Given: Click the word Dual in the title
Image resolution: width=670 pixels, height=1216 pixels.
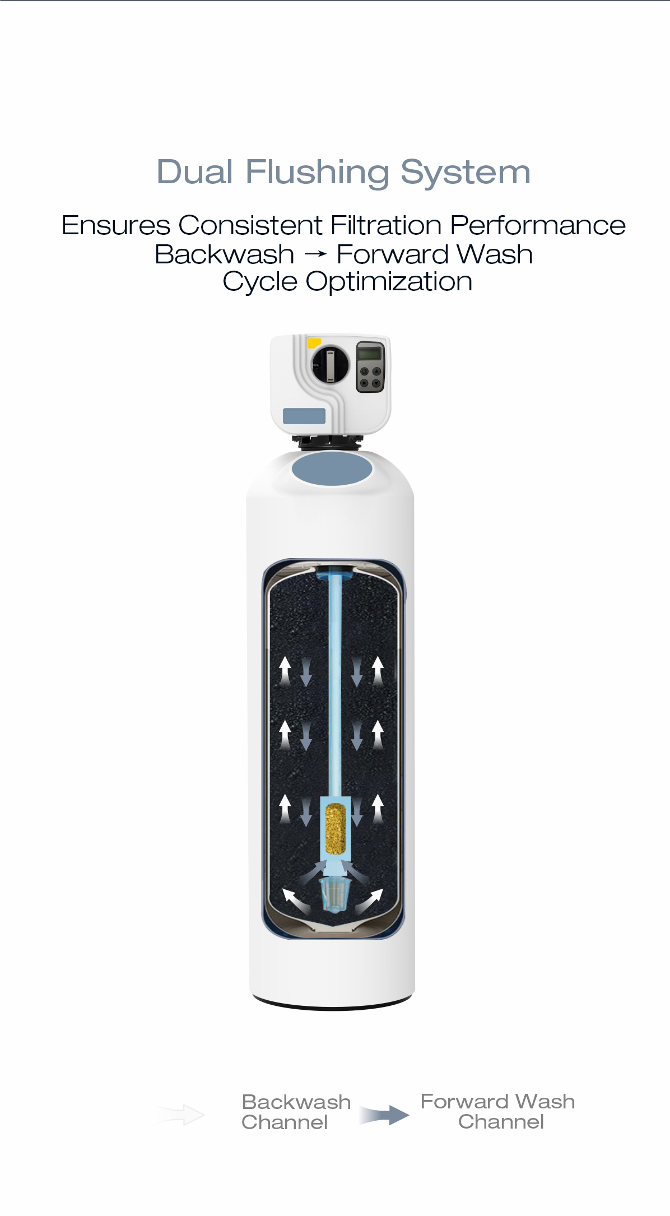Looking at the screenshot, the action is pos(194,171).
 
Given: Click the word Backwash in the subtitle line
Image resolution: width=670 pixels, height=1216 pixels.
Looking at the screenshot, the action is pos(225,254).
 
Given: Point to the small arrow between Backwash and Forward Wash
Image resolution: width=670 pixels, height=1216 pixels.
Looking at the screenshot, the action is pos(315,255).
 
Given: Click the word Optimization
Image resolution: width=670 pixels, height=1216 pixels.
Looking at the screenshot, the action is pos(389,282).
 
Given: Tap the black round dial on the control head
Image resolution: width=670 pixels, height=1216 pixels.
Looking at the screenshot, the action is pos(330,364).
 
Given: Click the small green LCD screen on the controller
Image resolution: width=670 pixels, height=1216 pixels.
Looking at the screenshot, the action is pos(370,354).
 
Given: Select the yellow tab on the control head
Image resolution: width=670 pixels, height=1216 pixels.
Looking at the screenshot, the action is pos(314,342).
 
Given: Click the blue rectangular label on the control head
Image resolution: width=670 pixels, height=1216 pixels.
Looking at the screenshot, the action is pos(304,416).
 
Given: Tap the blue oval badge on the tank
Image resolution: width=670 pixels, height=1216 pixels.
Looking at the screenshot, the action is pos(332,468).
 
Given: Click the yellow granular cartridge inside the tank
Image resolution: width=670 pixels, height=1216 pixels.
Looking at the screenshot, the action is pos(336,828).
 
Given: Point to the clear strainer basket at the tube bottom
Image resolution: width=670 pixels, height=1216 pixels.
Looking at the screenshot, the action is pos(334,894).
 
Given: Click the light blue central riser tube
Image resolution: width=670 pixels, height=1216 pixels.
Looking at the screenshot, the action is pos(335,684).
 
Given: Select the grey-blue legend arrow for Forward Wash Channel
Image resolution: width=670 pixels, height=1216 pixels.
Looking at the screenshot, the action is pos(384,1115).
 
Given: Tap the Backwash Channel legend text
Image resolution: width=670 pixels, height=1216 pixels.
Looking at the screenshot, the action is pos(296,1112).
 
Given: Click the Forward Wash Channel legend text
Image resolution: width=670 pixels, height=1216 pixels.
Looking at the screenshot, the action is pos(498,1112).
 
